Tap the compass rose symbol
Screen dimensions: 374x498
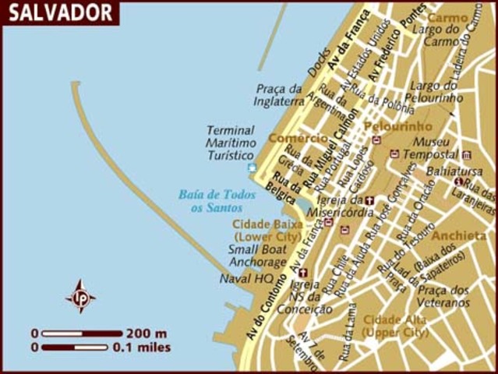click(x=80, y=296)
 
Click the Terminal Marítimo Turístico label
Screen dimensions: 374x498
click(x=231, y=143)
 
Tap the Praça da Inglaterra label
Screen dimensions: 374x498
click(x=278, y=94)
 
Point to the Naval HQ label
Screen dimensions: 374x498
click(x=246, y=277)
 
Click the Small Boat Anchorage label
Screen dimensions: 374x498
click(x=257, y=256)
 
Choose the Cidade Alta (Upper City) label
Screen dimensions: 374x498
click(x=395, y=326)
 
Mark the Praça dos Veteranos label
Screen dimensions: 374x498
click(x=443, y=296)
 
